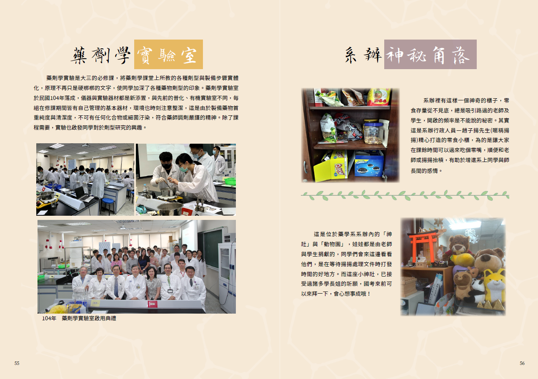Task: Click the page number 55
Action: point(17,363)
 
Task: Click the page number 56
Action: point(522,363)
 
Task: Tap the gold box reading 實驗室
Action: point(168,54)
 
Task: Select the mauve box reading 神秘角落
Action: point(430,54)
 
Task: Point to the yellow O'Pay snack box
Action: point(331,166)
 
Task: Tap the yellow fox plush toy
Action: point(494,286)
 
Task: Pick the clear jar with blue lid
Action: point(373,132)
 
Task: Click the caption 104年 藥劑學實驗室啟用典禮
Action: point(79,318)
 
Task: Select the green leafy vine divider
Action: point(405,195)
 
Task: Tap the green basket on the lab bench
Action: point(229,181)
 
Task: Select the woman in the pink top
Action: point(116,262)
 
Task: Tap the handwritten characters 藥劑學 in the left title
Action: point(100,55)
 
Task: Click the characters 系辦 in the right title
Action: point(363,55)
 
